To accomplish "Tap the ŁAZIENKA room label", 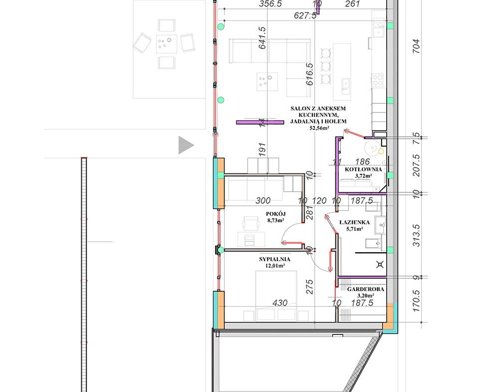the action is pyautogui.click(x=354, y=222).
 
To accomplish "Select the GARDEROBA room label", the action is pyautogui.click(x=366, y=289).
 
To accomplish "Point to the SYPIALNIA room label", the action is pyautogui.click(x=274, y=259).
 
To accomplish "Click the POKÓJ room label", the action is pyautogui.click(x=276, y=214).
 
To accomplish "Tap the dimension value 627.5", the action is pyautogui.click(x=305, y=15).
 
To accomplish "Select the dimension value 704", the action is pyautogui.click(x=416, y=46).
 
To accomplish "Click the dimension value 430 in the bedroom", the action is pyautogui.click(x=280, y=303).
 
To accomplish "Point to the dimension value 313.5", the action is pyautogui.click(x=416, y=235).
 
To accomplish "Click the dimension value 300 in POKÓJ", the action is pyautogui.click(x=263, y=201).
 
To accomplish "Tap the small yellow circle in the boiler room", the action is pyautogui.click(x=381, y=151).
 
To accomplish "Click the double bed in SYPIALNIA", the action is pyautogui.click(x=276, y=296).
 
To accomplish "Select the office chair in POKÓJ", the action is pyautogui.click(x=251, y=223).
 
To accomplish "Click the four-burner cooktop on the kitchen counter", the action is pyautogui.click(x=378, y=80).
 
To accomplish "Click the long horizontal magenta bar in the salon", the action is pyautogui.click(x=260, y=122).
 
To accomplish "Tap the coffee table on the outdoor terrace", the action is pyautogui.click(x=167, y=44).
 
